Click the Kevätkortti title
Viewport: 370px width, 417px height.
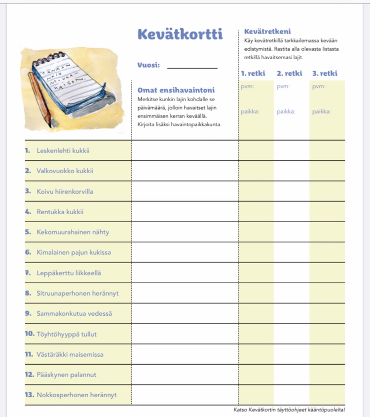pyautogui.click(x=180, y=34)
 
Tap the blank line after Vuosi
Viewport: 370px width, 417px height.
pyautogui.click(x=192, y=67)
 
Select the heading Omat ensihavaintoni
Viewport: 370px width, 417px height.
pyautogui.click(x=176, y=90)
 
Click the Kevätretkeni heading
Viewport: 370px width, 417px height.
pyautogui.click(x=267, y=32)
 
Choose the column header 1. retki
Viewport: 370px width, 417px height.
pyautogui.click(x=253, y=74)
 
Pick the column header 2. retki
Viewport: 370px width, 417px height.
pyautogui.click(x=289, y=74)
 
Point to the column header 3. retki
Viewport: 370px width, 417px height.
pyautogui.click(x=325, y=74)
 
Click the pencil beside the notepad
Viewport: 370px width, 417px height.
pyautogui.click(x=39, y=99)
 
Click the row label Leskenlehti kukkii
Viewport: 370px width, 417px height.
pyautogui.click(x=63, y=151)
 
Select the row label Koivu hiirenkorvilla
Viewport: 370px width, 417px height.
pyautogui.click(x=65, y=191)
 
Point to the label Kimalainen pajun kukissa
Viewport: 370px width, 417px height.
pyautogui.click(x=74, y=252)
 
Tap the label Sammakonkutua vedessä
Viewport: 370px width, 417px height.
pyautogui.click(x=74, y=313)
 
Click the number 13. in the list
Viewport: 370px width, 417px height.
pyautogui.click(x=30, y=395)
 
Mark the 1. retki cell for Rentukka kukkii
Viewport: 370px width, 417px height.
pyautogui.click(x=257, y=212)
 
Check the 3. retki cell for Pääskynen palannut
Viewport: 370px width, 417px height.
pyautogui.click(x=327, y=375)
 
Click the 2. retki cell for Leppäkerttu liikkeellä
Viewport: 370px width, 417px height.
pyautogui.click(x=292, y=272)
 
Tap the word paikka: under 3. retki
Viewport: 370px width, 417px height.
pyautogui.click(x=322, y=112)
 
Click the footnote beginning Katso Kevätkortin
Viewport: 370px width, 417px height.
pyautogui.click(x=289, y=410)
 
